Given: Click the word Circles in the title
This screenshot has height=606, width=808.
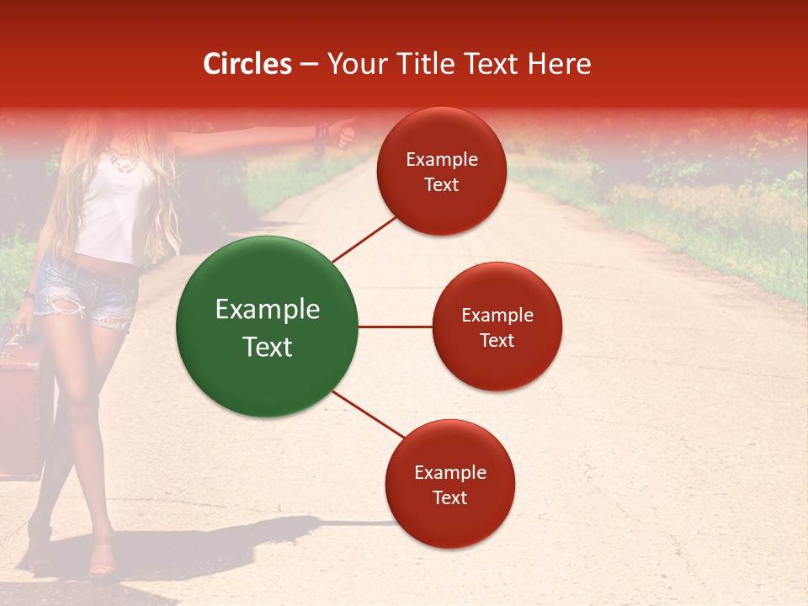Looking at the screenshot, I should pos(247,64).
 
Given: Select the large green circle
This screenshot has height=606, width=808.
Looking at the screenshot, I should pos(268,327).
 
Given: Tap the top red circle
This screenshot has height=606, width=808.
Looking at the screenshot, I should pos(442,172).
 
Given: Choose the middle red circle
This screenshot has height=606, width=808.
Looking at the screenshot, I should pos(497,327).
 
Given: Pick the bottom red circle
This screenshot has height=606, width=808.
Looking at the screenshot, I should pos(449,484).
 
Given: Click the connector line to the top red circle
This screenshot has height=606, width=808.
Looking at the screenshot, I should pos(364,239).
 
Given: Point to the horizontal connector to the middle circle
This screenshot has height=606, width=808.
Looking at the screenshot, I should pos(395,327).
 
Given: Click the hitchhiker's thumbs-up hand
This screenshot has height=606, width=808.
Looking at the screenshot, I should pos(343,132).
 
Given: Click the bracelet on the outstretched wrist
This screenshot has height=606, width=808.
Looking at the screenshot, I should pos(320,135).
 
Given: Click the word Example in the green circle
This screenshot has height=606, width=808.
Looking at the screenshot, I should pos(268,310).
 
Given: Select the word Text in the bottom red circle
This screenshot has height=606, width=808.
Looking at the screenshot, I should pos(449,497).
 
